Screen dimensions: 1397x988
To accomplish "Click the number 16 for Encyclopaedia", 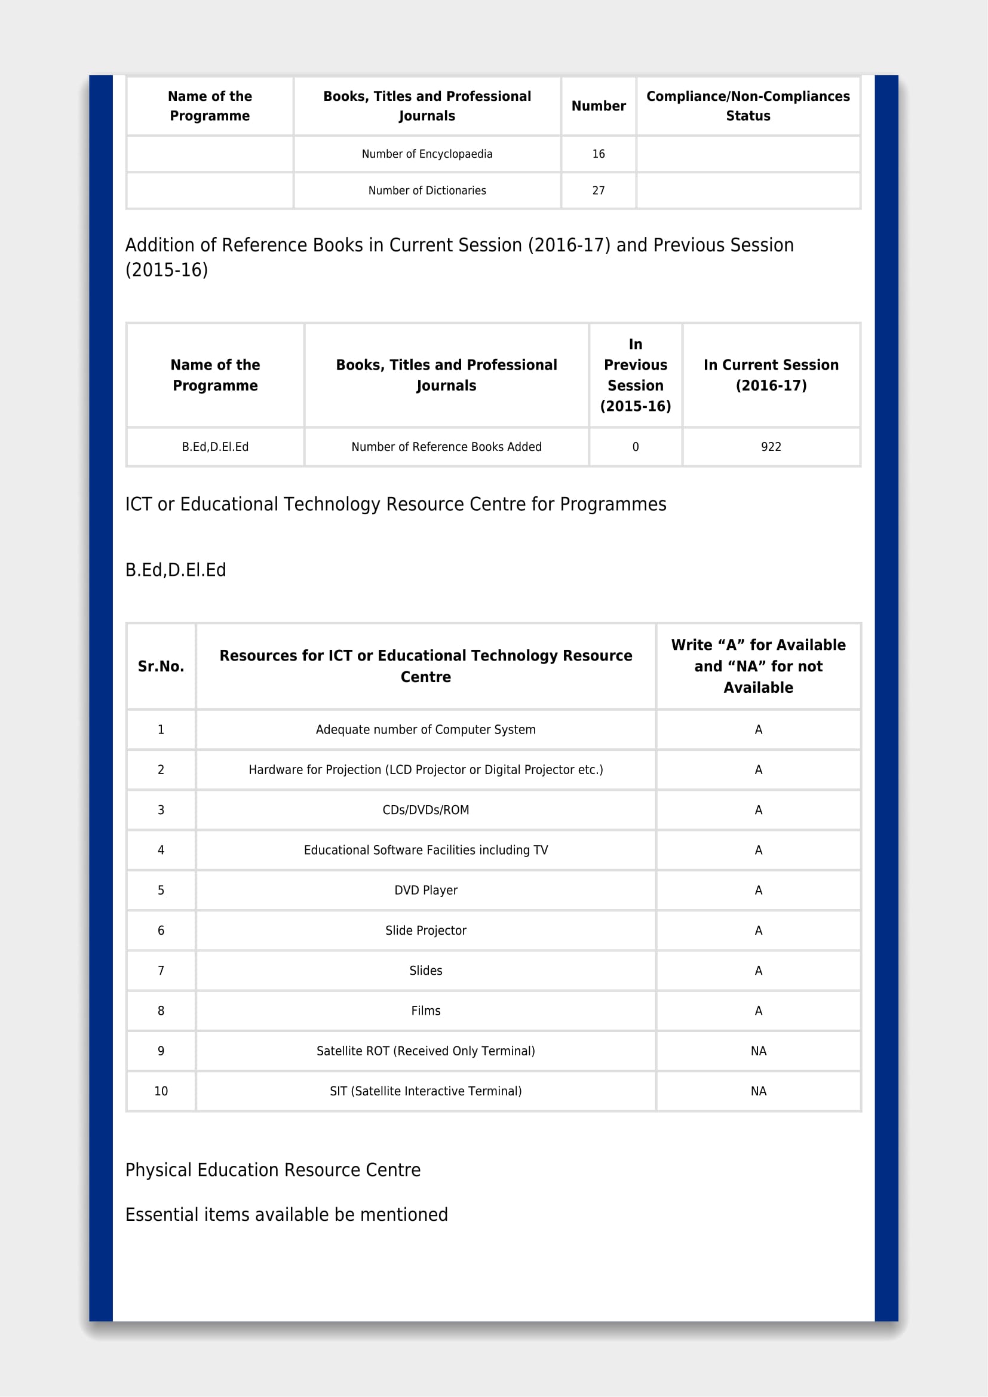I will (598, 154).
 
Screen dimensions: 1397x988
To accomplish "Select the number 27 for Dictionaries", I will (598, 191).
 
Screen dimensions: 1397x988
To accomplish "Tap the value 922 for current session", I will (770, 447).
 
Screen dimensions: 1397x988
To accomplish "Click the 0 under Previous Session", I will (635, 447).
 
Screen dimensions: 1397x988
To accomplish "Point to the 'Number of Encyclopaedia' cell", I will (427, 154).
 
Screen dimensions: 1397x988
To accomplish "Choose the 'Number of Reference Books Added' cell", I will (446, 447).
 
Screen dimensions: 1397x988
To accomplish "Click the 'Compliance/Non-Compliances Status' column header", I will (748, 106).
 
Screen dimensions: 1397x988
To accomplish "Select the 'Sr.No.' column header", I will (161, 667).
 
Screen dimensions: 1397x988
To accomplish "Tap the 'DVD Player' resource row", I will (425, 890).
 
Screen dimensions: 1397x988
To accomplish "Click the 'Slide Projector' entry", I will (425, 931).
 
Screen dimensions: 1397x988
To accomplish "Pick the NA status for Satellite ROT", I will (758, 1051).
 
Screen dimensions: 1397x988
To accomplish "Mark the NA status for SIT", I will (758, 1091).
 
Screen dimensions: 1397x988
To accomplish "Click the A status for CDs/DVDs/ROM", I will (758, 810).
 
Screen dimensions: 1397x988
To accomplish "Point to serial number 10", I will (161, 1091).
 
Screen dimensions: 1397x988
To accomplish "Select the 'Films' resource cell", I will (425, 1011).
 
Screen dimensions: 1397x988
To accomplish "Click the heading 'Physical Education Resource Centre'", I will (272, 1170).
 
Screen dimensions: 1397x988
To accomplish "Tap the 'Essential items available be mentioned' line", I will (286, 1214).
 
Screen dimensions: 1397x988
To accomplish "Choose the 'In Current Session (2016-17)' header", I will (770, 375).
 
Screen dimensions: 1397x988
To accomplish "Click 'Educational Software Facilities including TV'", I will (425, 850).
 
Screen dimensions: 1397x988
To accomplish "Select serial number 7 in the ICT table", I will (161, 971).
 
